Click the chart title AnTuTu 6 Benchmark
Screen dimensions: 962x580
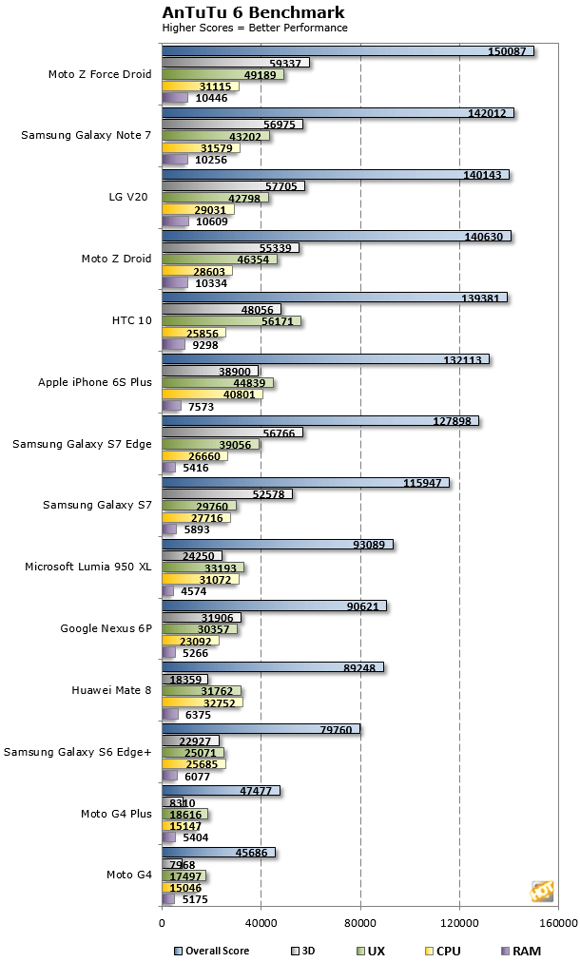[x=254, y=12]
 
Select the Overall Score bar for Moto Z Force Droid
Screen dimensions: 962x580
[x=347, y=51]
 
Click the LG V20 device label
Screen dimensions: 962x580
[x=130, y=198]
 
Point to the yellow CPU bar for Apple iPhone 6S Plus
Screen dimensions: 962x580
[x=212, y=394]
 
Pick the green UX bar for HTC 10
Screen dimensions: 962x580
[x=231, y=321]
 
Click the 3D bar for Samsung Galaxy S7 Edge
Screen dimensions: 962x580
[x=232, y=433]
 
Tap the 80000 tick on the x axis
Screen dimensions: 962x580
[x=360, y=922]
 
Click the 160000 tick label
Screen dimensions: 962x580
[x=557, y=922]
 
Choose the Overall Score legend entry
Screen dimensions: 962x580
[x=212, y=951]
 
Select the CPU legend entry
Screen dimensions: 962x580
[x=445, y=951]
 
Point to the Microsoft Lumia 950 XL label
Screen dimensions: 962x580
[x=88, y=567]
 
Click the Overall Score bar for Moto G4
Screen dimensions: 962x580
[x=219, y=853]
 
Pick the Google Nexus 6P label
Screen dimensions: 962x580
[x=106, y=628]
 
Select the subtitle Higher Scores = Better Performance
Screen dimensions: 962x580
[x=254, y=28]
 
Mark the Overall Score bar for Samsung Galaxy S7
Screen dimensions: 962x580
[x=305, y=483]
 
